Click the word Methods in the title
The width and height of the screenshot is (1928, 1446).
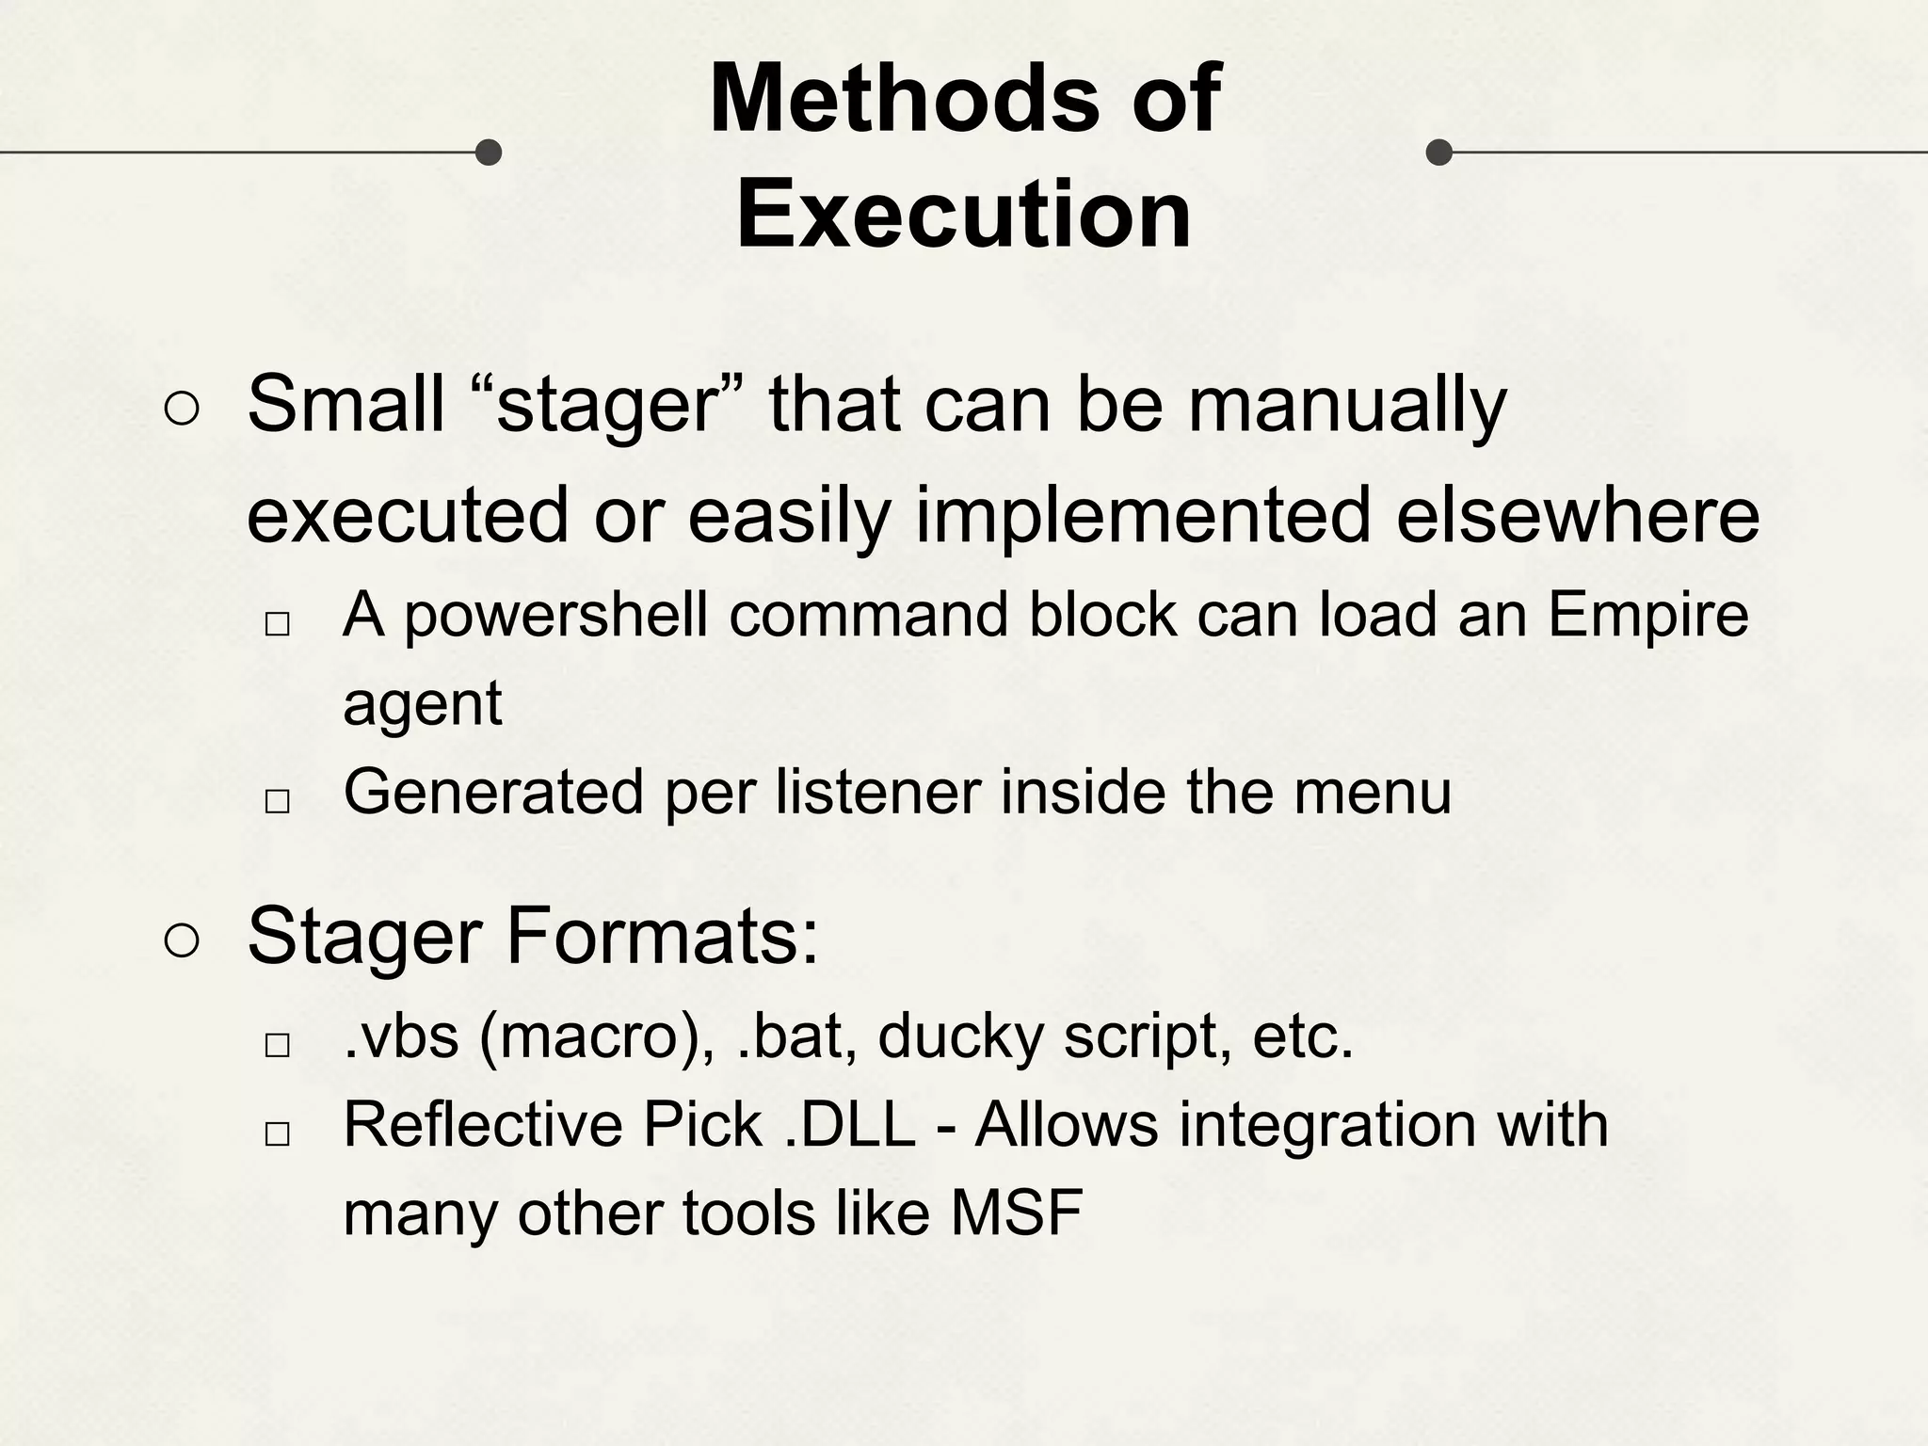click(x=904, y=98)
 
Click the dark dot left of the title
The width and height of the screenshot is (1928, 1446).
click(x=488, y=152)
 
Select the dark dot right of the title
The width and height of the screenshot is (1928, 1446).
click(x=1439, y=152)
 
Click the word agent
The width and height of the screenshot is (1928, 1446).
click(x=423, y=703)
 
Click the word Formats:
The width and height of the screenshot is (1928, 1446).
click(x=664, y=937)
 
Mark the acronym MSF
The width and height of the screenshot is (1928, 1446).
click(x=1017, y=1213)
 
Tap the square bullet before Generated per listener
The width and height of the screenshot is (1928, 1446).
click(x=277, y=801)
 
